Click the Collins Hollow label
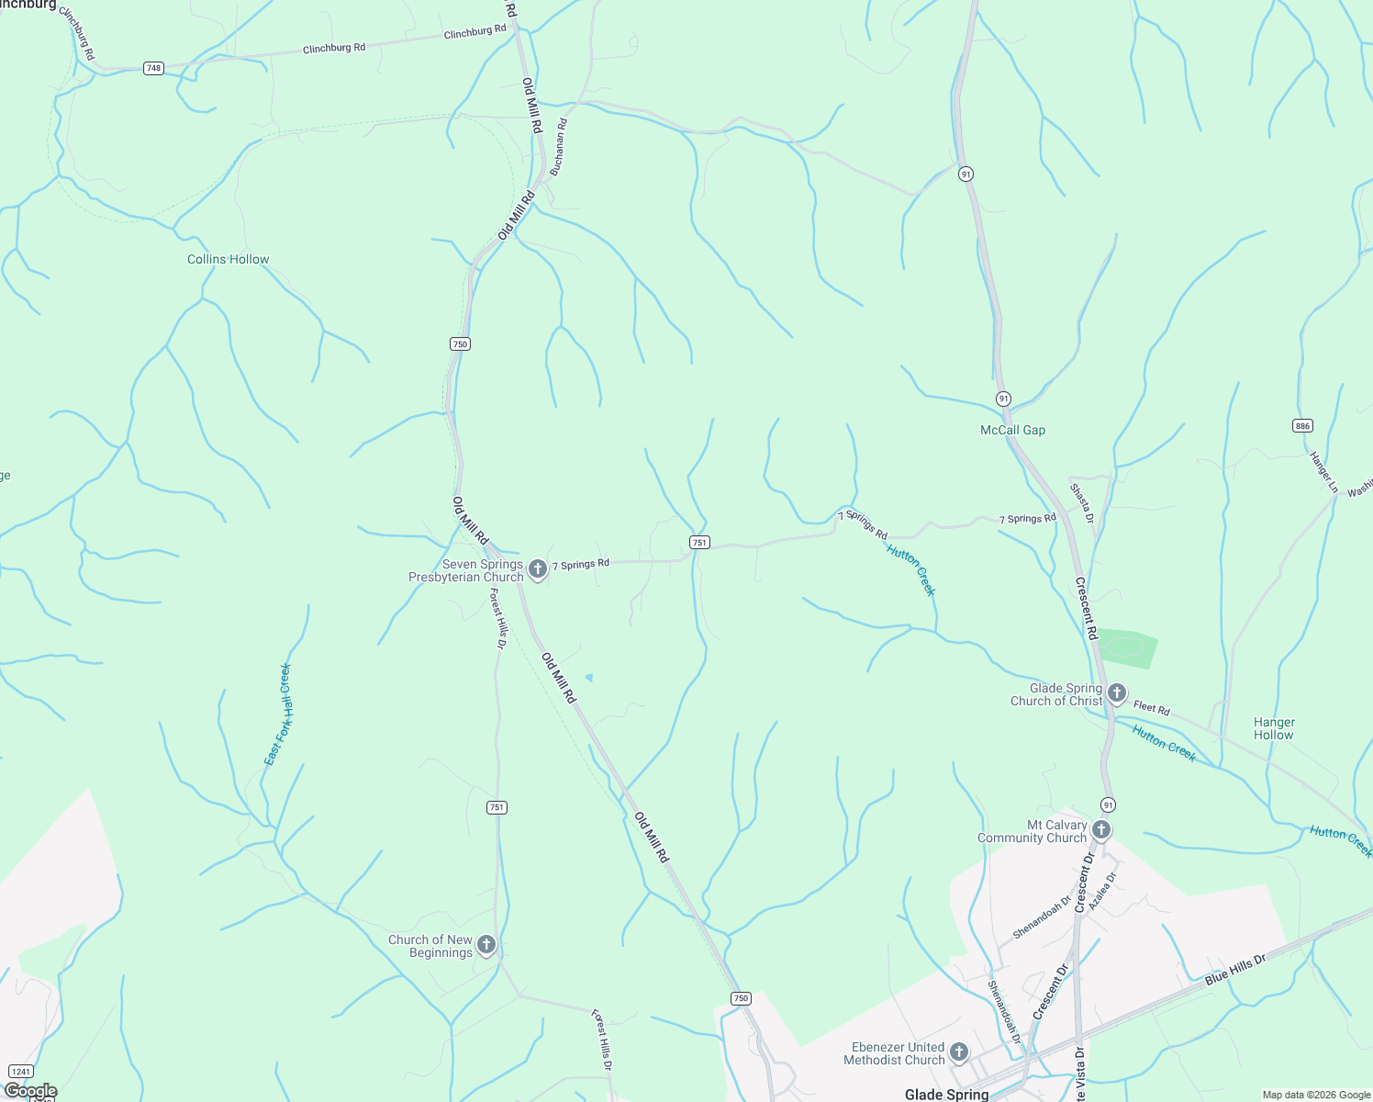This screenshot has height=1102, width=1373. pos(229,260)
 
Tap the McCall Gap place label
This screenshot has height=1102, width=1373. pos(1012,431)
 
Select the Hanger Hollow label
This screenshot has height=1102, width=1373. pos(1274,729)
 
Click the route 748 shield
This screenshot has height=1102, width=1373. pos(153,68)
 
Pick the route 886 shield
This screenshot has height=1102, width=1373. pos(1302,425)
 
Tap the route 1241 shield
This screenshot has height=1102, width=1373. pos(20,1071)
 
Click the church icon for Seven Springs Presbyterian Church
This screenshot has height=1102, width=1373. pos(538,569)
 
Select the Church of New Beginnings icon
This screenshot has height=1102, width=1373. pos(486,945)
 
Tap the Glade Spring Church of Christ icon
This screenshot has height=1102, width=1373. pos(1116,693)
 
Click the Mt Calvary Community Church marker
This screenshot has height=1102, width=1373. pos(1101,830)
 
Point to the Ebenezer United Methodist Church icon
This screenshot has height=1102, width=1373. pos(958,1052)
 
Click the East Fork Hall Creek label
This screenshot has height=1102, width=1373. pos(277,714)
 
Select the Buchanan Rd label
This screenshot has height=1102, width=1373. pos(559,147)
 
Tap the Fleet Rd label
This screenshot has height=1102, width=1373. pos(1151,708)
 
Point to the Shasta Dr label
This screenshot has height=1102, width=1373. pos(1082,503)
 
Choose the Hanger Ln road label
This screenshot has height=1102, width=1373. pos(1323,472)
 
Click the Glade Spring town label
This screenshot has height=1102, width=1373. pos(946,1094)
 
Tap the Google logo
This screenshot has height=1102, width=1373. pos(30,1091)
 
